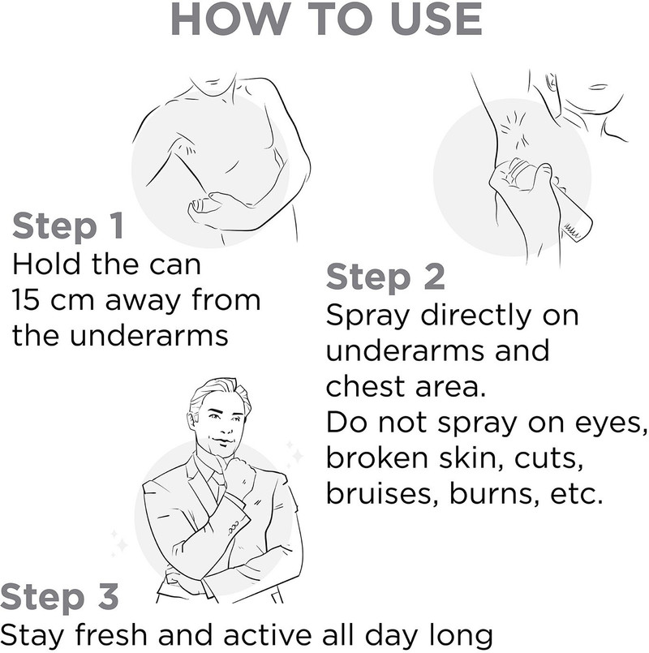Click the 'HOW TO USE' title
pos(327,19)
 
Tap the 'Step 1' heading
pos(68,226)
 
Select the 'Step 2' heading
pos(385,277)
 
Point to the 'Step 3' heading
pos(59,597)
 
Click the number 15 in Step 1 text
pos(26,300)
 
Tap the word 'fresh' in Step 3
pos(111,635)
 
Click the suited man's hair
pos(220,396)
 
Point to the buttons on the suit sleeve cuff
pos(233,526)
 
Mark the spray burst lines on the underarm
pos(514,127)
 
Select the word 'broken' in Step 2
pos(376,458)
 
